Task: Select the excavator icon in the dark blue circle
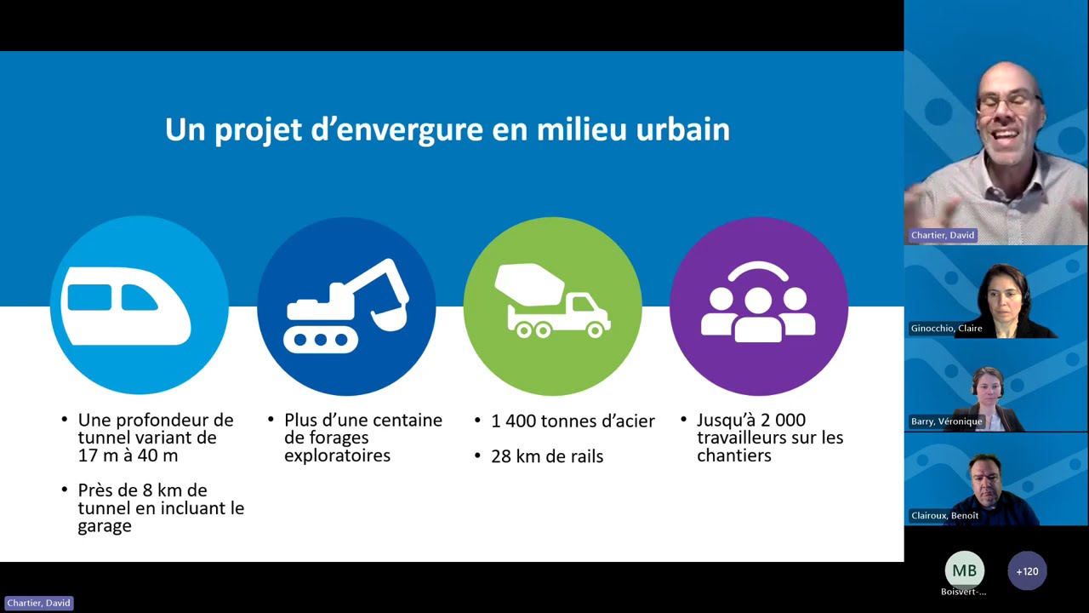345,306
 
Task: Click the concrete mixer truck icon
552,301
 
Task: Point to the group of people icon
758,301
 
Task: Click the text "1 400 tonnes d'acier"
573,421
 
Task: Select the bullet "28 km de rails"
547,456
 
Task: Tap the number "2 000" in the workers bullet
784,420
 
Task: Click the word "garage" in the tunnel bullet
105,526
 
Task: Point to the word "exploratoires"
338,455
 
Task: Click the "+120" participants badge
1027,571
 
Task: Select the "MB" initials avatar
965,570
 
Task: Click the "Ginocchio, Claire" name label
946,329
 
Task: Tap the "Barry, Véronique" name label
946,421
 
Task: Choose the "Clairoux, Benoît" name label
944,515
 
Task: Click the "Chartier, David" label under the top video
942,236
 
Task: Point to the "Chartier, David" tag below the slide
39,604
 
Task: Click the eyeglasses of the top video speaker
1009,103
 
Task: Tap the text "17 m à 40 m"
128,455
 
